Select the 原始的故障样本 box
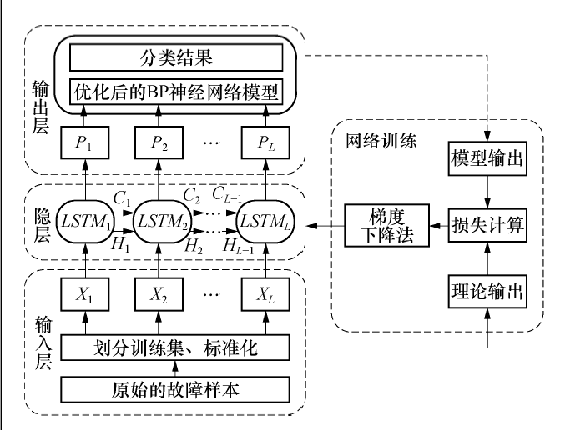point(177,388)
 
